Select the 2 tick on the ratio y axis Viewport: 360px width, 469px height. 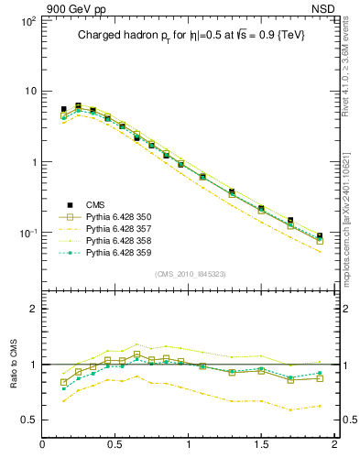tap(31, 310)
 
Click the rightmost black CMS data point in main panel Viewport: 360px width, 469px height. tap(320, 236)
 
